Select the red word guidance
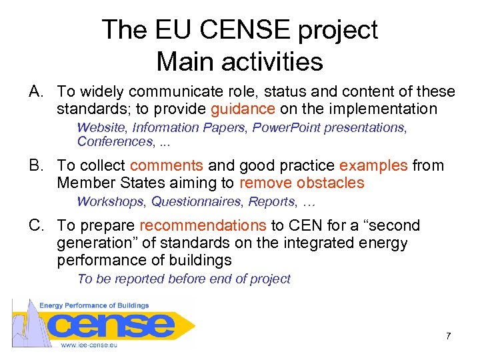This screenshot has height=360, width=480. pyautogui.click(x=242, y=109)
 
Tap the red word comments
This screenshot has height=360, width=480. pyautogui.click(x=167, y=165)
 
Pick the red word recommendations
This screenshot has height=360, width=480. pyautogui.click(x=203, y=225)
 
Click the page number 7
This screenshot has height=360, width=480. pyautogui.click(x=448, y=335)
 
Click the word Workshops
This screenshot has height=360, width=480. pyautogui.click(x=111, y=201)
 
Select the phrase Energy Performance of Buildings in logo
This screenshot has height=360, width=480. pyautogui.click(x=94, y=305)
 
